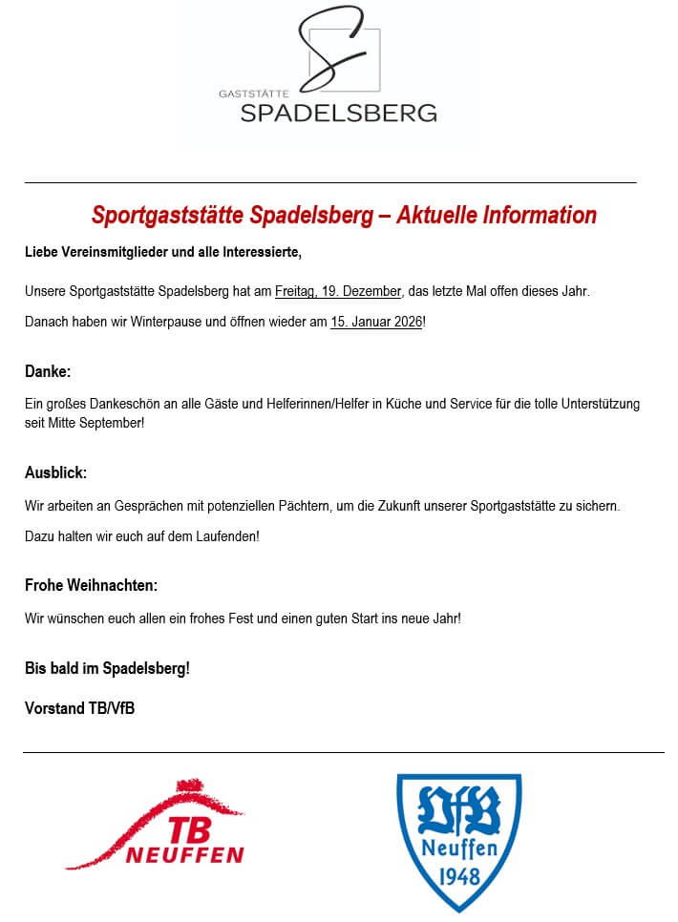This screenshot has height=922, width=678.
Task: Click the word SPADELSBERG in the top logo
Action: click(338, 113)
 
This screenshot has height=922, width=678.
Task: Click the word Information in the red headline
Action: click(540, 216)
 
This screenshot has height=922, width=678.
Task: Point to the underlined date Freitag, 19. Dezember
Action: click(338, 291)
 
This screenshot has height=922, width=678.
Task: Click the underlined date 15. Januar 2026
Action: click(376, 323)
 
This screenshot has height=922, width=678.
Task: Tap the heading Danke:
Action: click(48, 370)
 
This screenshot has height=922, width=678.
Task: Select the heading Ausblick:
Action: click(55, 472)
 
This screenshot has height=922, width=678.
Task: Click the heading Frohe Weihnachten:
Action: click(91, 585)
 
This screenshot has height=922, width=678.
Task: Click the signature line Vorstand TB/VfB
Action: click(79, 708)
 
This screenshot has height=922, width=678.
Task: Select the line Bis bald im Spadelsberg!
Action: click(107, 668)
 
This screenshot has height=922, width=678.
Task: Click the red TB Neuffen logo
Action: click(158, 827)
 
